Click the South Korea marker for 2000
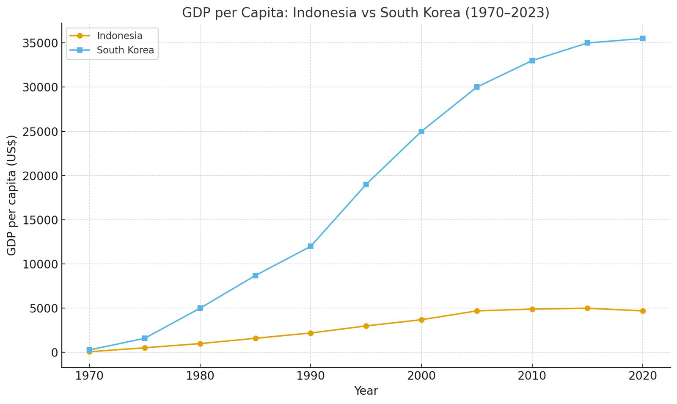pos(421,131)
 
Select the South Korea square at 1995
pos(366,184)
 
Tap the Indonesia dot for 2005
pos(477,311)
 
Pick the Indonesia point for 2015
pos(587,308)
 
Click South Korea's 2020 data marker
pos(643,39)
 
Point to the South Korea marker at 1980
pos(200,308)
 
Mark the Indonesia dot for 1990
pos(311,333)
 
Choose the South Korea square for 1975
pos(145,338)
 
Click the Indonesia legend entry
pos(119,36)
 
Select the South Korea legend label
pos(125,50)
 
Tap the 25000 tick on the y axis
pos(41,132)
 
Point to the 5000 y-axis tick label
pos(44,308)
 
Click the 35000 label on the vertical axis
pos(41,43)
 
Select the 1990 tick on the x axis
pos(311,376)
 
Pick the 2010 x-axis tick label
pos(532,376)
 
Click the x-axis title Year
pos(366,391)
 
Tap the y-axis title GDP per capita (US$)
pos(12,195)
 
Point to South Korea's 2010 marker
pos(532,61)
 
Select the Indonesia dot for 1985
pos(256,338)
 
